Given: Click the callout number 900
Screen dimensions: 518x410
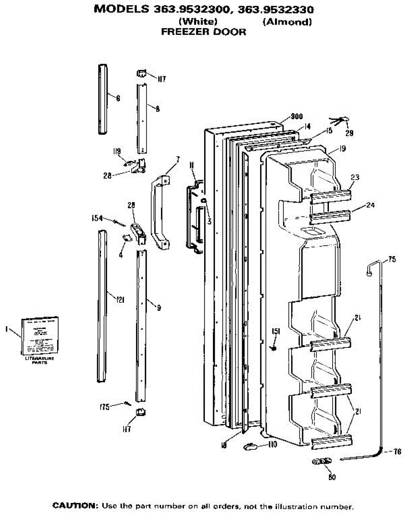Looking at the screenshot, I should click(296, 116).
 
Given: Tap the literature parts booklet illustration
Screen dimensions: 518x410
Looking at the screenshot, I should click(38, 336).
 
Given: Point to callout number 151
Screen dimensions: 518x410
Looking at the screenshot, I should click(276, 332).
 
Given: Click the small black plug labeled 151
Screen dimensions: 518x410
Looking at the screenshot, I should click(273, 348).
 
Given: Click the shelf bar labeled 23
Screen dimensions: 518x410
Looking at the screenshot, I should click(330, 195).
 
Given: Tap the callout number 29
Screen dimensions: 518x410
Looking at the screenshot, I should click(350, 133).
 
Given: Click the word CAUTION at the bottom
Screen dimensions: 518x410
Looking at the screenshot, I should click(76, 505).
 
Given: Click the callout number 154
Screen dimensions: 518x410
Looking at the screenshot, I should click(97, 218).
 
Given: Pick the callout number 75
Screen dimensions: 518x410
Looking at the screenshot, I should click(391, 259).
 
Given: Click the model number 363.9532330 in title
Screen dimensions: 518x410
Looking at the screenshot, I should click(276, 9).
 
